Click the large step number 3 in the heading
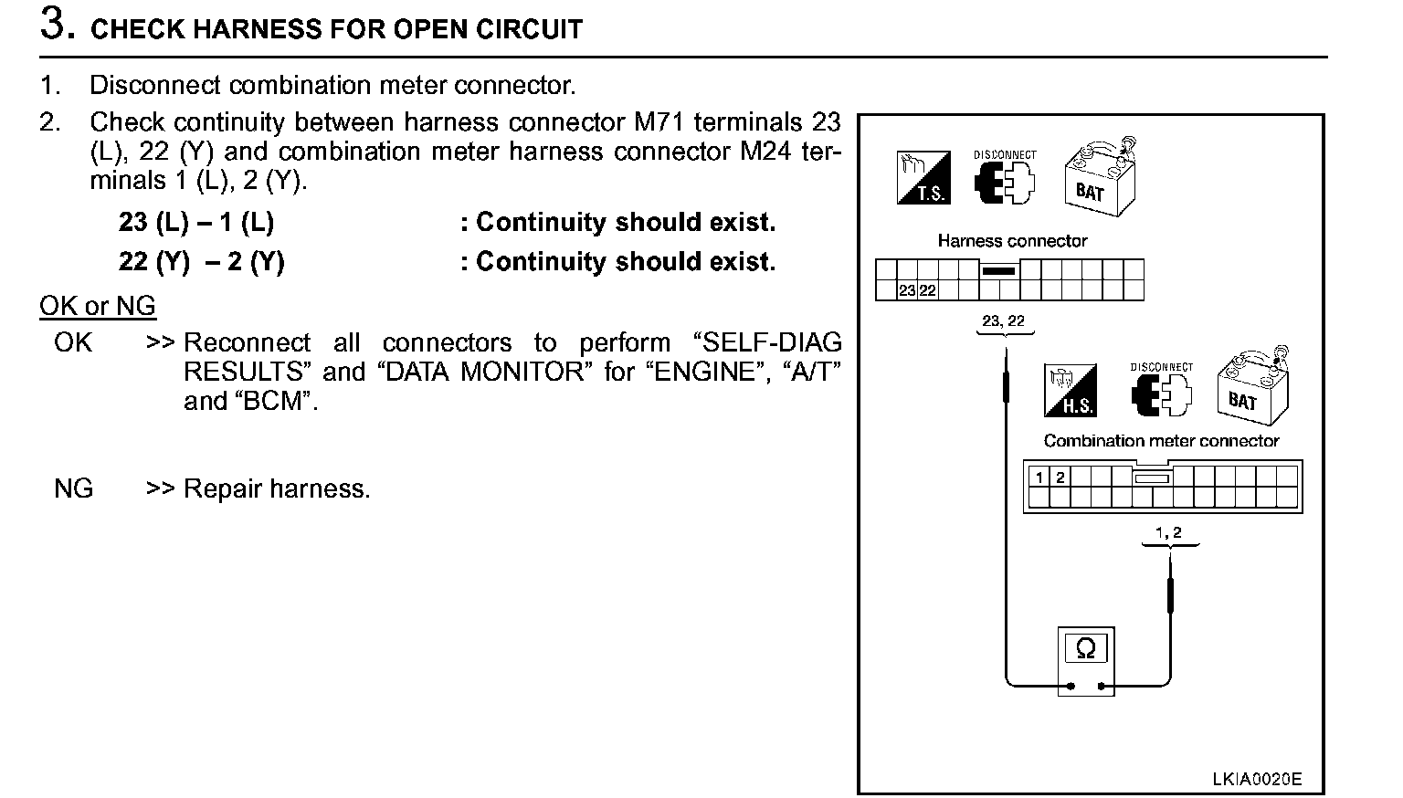pos(58,25)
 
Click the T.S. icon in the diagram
pos(923,177)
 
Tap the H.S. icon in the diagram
pos(1071,391)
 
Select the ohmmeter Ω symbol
pos(1086,648)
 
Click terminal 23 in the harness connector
pos(907,291)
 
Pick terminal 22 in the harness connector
pos(927,291)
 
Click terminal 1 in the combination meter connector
pos(1039,477)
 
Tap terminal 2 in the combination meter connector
pos(1060,477)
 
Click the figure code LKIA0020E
pos(1256,779)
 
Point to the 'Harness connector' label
pos(1012,241)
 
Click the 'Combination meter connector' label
pos(1161,441)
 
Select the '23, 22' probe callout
pos(1003,321)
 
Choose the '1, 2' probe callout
pos(1168,532)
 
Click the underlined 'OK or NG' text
pos(98,306)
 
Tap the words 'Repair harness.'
pos(277,489)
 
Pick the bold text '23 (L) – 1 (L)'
pos(196,223)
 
